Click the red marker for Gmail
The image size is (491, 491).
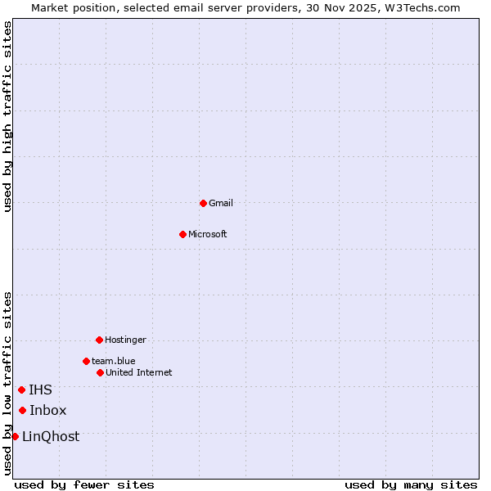(203, 203)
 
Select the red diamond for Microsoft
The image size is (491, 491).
(182, 234)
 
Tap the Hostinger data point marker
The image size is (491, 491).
(99, 340)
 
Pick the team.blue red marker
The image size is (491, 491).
(86, 361)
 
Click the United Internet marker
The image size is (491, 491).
(100, 372)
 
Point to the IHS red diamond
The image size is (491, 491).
(21, 390)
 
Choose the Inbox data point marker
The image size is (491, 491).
(22, 410)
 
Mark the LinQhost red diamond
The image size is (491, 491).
(15, 436)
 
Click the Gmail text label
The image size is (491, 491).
(221, 203)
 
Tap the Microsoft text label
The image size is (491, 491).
(208, 234)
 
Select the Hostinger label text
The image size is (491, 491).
(125, 340)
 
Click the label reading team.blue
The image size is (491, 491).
(114, 361)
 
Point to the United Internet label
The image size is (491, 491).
(139, 372)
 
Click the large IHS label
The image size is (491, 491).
(40, 390)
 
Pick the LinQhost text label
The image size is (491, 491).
(51, 436)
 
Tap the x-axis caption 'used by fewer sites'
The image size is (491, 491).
(84, 484)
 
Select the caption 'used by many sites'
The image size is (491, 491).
(411, 484)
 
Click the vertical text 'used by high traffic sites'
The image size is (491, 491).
(7, 116)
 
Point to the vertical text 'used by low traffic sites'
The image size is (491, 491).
(7, 382)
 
